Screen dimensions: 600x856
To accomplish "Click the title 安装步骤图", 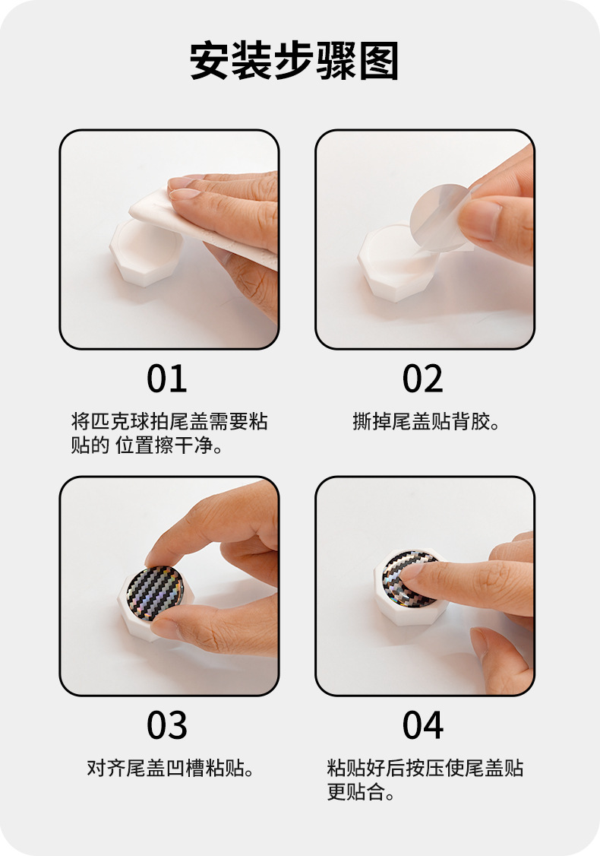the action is [294, 61].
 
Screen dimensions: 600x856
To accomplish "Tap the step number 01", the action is [167, 379].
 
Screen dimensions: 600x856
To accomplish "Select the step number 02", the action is [423, 379].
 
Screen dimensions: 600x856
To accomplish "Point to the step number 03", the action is [167, 725].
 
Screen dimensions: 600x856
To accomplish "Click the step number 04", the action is [423, 725].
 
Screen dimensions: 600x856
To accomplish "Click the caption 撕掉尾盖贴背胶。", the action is [427, 421].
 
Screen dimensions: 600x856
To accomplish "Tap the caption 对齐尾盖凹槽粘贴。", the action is [171, 768].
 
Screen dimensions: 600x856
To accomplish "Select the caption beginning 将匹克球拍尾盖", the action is [169, 433].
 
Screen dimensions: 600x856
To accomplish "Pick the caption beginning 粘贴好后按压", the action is [425, 779].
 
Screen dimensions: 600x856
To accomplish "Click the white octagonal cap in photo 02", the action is [396, 262].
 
